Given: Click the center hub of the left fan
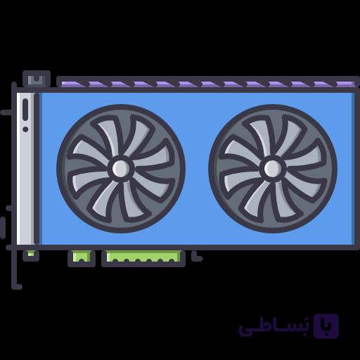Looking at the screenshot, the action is click(x=121, y=168).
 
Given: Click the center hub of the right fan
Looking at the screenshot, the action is click(x=273, y=168).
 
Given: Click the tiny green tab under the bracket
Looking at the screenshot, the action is click(x=31, y=254).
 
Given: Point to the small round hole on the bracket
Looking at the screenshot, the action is click(x=25, y=129).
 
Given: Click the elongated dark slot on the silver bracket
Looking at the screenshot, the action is click(x=25, y=110).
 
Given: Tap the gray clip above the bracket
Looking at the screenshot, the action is click(x=37, y=79).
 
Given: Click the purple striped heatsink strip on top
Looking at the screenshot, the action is click(x=208, y=84).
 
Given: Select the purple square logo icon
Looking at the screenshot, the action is click(x=326, y=326).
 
